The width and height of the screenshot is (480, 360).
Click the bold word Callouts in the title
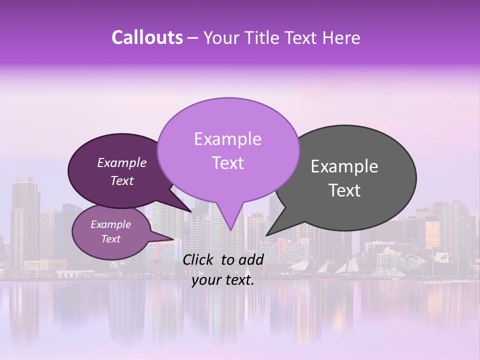click(147, 37)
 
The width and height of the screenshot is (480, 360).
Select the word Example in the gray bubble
click(344, 166)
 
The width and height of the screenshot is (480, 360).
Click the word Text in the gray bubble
click(344, 190)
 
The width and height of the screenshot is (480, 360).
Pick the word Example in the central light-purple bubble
click(227, 139)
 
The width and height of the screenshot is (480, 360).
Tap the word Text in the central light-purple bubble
click(227, 163)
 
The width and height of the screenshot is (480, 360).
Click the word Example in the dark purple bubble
click(121, 162)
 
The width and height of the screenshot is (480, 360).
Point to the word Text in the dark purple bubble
click(121, 180)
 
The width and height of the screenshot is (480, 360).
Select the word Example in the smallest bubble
click(110, 224)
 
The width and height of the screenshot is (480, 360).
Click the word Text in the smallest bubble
click(110, 239)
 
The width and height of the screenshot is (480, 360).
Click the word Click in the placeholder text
click(199, 259)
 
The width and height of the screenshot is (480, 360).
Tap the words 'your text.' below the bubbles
click(223, 280)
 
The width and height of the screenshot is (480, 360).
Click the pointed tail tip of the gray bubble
click(266, 235)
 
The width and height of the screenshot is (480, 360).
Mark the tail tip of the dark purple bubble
click(191, 211)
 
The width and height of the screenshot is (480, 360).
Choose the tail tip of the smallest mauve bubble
click(174, 239)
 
